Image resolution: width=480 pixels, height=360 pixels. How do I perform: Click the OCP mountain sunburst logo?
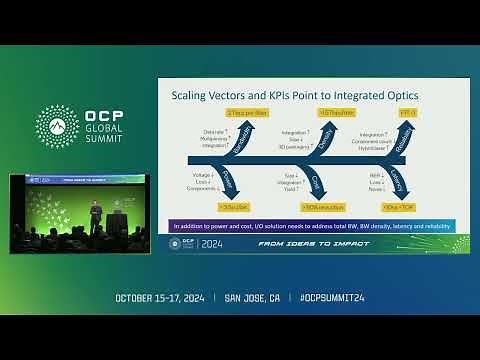[56, 125]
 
